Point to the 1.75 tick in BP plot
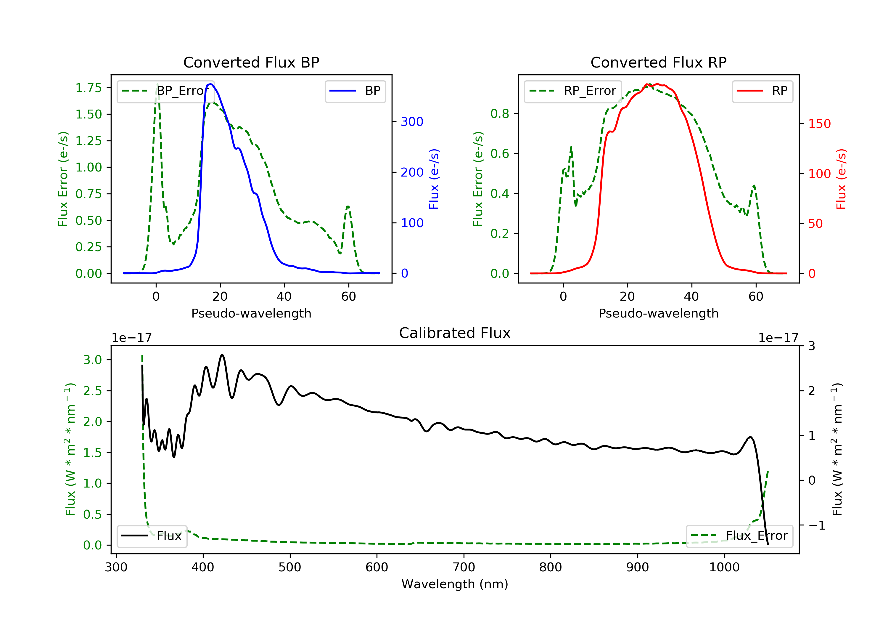[x=89, y=88]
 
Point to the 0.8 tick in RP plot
[x=499, y=114]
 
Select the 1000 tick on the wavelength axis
[x=724, y=568]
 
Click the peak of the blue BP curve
[x=211, y=84]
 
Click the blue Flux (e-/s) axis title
[x=434, y=179]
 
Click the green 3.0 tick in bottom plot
[x=92, y=360]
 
